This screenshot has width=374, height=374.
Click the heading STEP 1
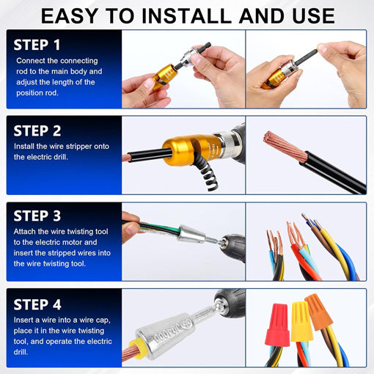(x=37, y=45)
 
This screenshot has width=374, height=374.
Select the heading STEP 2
(x=37, y=131)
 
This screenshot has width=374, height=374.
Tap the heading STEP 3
(x=37, y=216)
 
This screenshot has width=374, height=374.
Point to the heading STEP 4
(x=37, y=304)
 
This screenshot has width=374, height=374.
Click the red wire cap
(x=278, y=324)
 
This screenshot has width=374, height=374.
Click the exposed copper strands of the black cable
(x=285, y=146)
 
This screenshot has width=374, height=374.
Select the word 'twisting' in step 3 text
(x=80, y=232)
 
